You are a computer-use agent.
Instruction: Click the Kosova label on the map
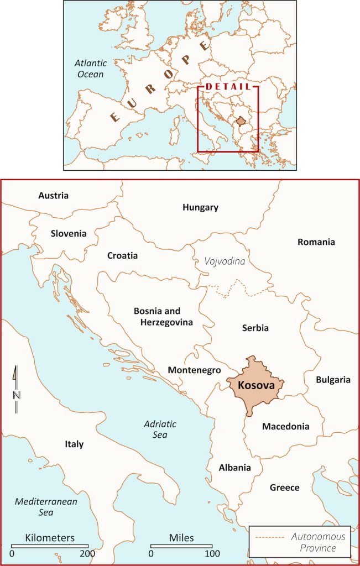click(x=255, y=384)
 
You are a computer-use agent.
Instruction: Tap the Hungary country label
click(x=200, y=208)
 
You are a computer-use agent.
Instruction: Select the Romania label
click(x=316, y=242)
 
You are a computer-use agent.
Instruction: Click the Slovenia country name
click(x=69, y=233)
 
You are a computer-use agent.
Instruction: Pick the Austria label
click(x=53, y=196)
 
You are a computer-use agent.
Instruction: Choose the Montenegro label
click(x=194, y=370)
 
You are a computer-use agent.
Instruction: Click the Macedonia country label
click(x=285, y=427)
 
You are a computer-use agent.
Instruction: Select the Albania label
click(x=234, y=468)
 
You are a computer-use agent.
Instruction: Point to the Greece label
click(x=284, y=488)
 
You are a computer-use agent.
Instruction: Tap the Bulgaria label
click(x=333, y=380)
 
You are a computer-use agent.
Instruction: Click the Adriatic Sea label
click(x=160, y=429)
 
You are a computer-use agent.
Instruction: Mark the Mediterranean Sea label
click(x=46, y=507)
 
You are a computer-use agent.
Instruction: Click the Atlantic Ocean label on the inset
click(x=91, y=69)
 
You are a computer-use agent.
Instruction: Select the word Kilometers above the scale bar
click(x=50, y=538)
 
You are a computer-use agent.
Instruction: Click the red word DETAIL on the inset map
click(x=228, y=87)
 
